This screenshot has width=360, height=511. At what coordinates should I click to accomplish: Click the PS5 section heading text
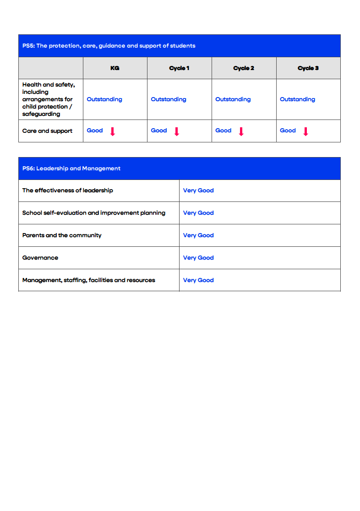[109, 46]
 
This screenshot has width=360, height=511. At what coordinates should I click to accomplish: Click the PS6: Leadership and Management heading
[71, 169]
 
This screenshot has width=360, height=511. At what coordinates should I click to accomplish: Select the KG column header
[115, 68]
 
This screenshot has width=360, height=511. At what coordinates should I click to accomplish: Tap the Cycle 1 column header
[179, 68]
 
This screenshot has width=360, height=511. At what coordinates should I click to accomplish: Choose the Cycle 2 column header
[244, 68]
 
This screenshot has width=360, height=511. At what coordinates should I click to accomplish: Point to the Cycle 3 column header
[308, 68]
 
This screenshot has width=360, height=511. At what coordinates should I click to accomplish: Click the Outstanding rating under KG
[104, 99]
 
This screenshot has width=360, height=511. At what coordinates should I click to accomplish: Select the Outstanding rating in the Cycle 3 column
[297, 99]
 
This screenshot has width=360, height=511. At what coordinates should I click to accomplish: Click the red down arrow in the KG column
[112, 131]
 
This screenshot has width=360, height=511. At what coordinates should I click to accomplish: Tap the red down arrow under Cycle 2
[241, 131]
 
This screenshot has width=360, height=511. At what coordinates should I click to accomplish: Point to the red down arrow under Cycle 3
[305, 131]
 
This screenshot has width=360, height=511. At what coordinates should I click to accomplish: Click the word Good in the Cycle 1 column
[159, 130]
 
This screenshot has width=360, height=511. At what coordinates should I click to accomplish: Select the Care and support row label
[47, 131]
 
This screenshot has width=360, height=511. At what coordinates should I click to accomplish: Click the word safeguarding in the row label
[41, 114]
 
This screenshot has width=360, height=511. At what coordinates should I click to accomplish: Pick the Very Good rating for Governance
[198, 258]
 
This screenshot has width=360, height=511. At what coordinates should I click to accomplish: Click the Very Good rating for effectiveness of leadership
[198, 190]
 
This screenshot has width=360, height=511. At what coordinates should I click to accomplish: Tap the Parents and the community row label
[62, 235]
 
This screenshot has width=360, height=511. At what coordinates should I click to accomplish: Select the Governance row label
[40, 258]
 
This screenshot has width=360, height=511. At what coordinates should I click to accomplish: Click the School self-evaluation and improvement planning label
[94, 213]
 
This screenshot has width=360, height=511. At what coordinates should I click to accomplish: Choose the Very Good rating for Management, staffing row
[198, 280]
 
